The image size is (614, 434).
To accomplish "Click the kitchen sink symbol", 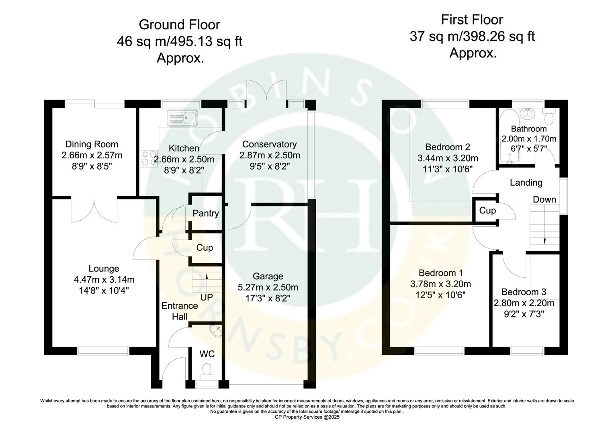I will [x=183, y=118].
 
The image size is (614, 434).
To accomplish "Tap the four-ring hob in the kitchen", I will [x=149, y=158].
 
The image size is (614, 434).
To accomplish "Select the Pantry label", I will [x=206, y=213].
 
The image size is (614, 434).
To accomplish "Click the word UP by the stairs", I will [x=207, y=297].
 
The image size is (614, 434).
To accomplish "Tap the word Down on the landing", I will [x=544, y=199].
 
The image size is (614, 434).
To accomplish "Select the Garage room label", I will [x=268, y=276].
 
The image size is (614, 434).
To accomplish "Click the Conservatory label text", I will [x=269, y=144].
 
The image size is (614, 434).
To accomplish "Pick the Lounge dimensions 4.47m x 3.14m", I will [x=104, y=279].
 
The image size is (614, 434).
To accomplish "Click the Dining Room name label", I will [x=92, y=144].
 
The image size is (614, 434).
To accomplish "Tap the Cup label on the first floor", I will [x=487, y=211].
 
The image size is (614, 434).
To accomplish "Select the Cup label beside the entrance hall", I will [x=205, y=248].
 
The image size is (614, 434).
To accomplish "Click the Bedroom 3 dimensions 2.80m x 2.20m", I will [x=524, y=303].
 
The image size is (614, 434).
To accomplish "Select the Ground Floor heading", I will [x=179, y=25].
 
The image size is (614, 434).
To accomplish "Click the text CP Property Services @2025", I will [x=307, y=418].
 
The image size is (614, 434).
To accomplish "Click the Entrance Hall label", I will [x=180, y=311].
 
